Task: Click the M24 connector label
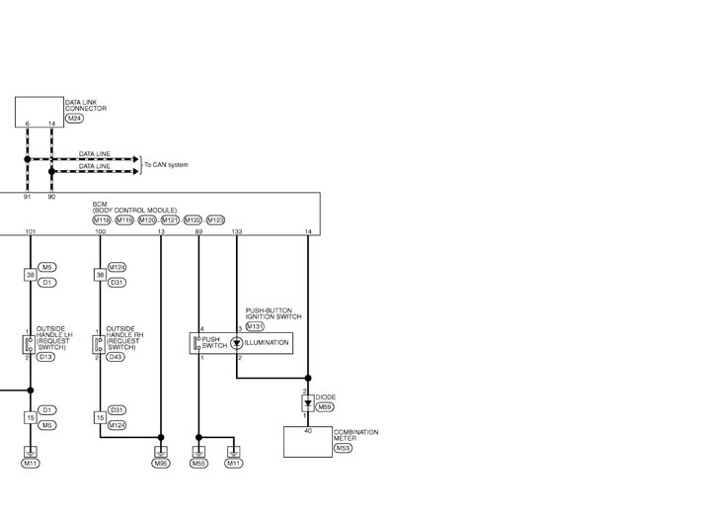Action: [74, 119]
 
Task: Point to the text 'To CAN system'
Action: [166, 164]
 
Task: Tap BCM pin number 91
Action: [28, 197]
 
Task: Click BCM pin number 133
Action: [237, 231]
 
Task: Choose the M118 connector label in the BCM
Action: [102, 220]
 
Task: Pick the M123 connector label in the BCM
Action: [215, 220]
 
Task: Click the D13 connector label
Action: [45, 357]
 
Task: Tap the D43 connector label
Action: [116, 357]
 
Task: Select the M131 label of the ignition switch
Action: [255, 326]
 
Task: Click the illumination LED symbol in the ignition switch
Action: [236, 343]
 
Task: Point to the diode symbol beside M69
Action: [308, 403]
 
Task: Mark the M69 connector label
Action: [325, 407]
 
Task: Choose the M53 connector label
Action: [344, 449]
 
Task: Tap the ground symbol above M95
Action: [161, 452]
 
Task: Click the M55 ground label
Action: [198, 464]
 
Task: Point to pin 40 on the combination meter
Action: [308, 431]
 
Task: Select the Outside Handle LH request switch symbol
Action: [29, 344]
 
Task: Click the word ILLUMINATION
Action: [267, 343]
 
